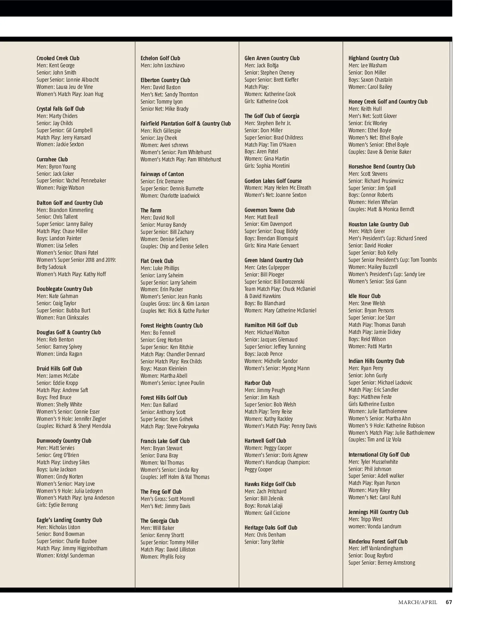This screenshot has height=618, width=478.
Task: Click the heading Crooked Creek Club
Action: [58, 58]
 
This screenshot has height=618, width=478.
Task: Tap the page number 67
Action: [449, 602]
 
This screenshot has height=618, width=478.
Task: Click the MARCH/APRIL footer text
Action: [417, 602]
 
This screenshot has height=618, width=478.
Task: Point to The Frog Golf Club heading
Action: [161, 492]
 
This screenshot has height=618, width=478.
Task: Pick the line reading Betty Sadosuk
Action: [51, 267]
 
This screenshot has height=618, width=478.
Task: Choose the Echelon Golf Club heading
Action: [160, 58]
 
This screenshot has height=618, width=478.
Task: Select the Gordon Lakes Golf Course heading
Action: [273, 181]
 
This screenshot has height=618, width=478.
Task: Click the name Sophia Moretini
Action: [273, 166]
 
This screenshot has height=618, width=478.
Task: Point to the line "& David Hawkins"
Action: [263, 296]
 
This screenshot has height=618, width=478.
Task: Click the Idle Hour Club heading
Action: [364, 296]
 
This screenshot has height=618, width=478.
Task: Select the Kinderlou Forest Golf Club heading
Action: [378, 541]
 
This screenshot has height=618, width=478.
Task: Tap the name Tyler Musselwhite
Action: [379, 462]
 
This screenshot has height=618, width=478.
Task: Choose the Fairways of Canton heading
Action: [162, 174]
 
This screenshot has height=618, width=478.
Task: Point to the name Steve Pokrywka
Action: [182, 426]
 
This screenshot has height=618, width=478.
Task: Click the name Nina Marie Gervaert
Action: [278, 245]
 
